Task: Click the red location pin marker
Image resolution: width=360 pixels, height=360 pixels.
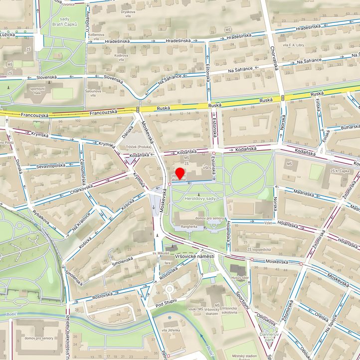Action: pos(180,173)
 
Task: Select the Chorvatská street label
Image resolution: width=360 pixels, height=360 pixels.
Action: pos(273,58)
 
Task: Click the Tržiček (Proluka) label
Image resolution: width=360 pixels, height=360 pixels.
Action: pos(138,147)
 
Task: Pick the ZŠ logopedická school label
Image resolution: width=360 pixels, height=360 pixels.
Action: pos(260,249)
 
